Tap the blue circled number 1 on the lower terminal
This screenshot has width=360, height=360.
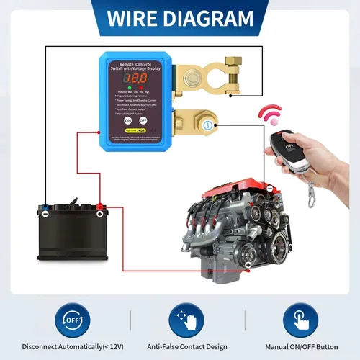[x=207, y=125]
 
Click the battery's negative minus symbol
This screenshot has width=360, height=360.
[x=45, y=212]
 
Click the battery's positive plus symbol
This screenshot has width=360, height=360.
[x=99, y=212]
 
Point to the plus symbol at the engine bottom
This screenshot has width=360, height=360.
[x=248, y=266]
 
